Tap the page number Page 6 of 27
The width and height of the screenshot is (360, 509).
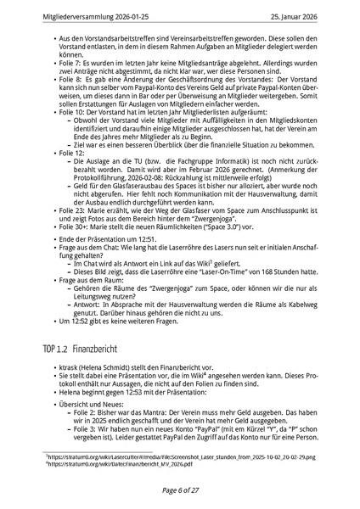pyautogui.click(x=179, y=490)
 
